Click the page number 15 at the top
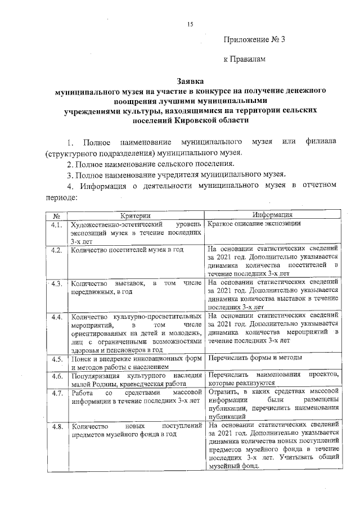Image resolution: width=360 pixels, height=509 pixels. click(x=190, y=23)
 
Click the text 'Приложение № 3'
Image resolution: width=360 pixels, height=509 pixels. click(x=255, y=39)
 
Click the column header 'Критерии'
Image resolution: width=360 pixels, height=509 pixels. click(x=136, y=215)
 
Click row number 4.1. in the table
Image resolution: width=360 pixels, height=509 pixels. click(x=56, y=224)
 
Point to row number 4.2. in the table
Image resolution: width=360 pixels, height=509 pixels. click(x=56, y=250)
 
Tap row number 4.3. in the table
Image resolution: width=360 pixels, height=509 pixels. click(x=56, y=283)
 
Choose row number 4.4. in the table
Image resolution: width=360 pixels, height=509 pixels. click(x=56, y=317)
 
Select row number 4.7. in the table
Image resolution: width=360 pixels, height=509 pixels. click(x=56, y=393)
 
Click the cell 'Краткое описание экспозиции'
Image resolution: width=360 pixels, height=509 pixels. click(x=254, y=223)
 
